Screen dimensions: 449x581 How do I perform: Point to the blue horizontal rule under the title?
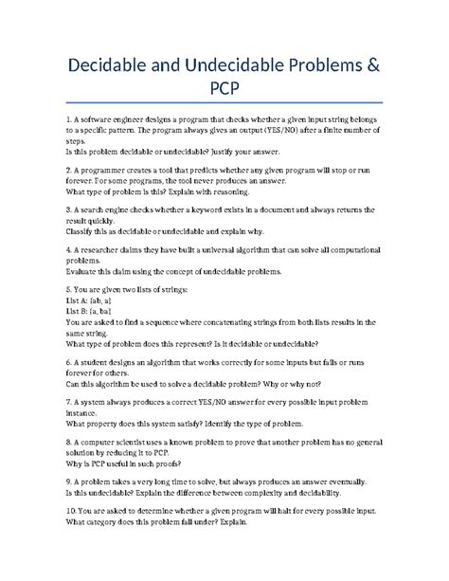(224, 102)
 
